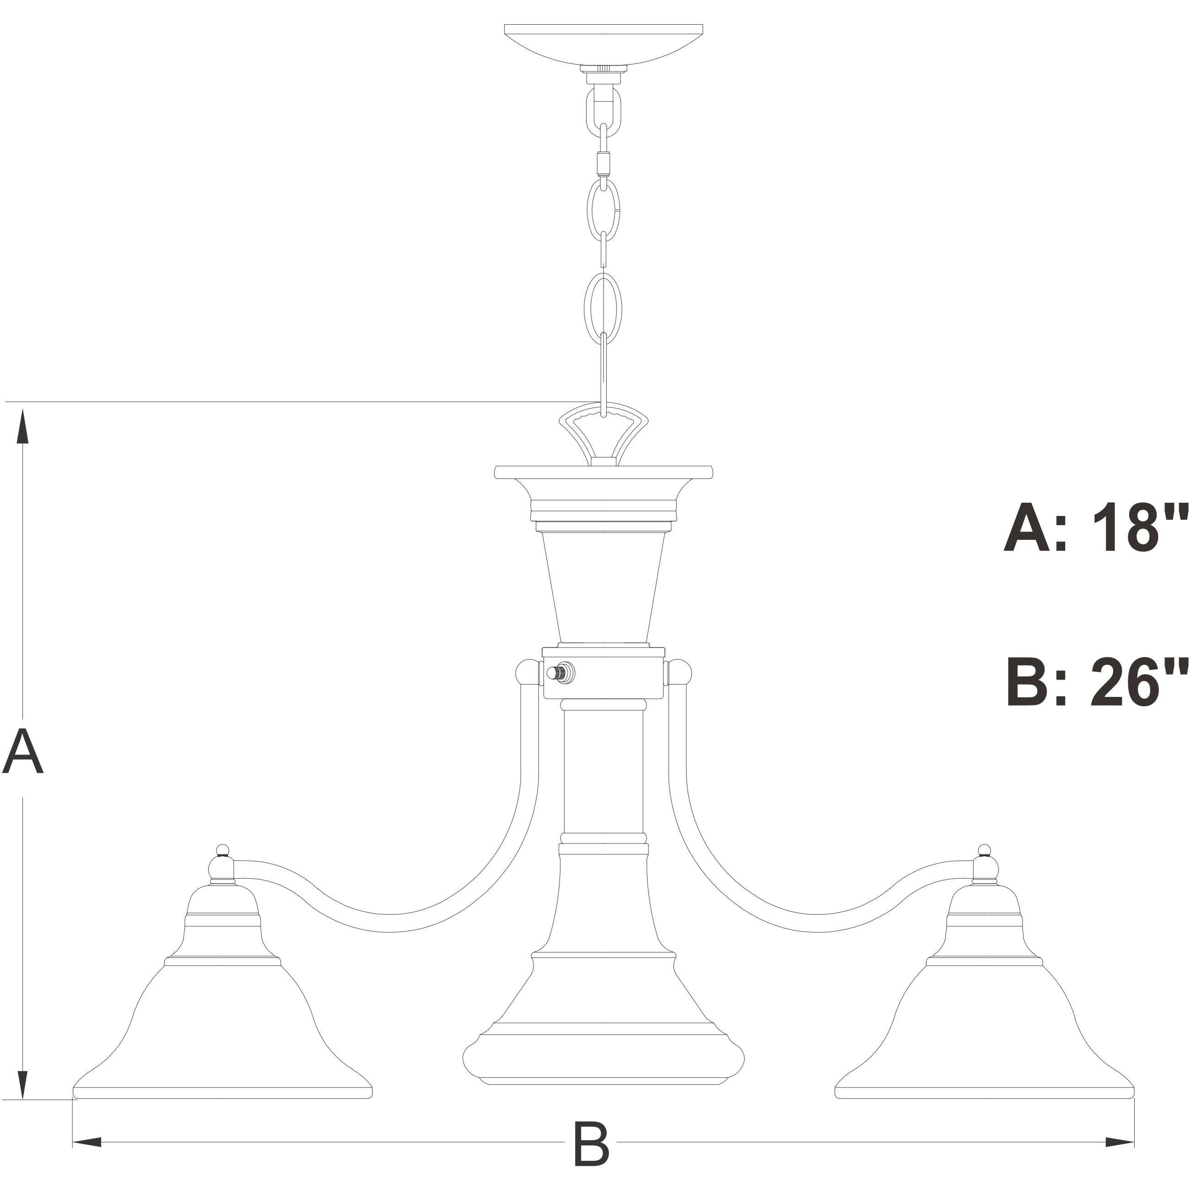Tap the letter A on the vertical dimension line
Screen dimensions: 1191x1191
coord(23,751)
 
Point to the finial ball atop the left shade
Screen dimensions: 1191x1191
coord(223,851)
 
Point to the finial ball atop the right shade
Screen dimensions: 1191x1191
coord(984,851)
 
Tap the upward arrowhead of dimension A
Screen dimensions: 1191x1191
coord(23,425)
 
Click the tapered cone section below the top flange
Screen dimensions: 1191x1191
coord(603,586)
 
